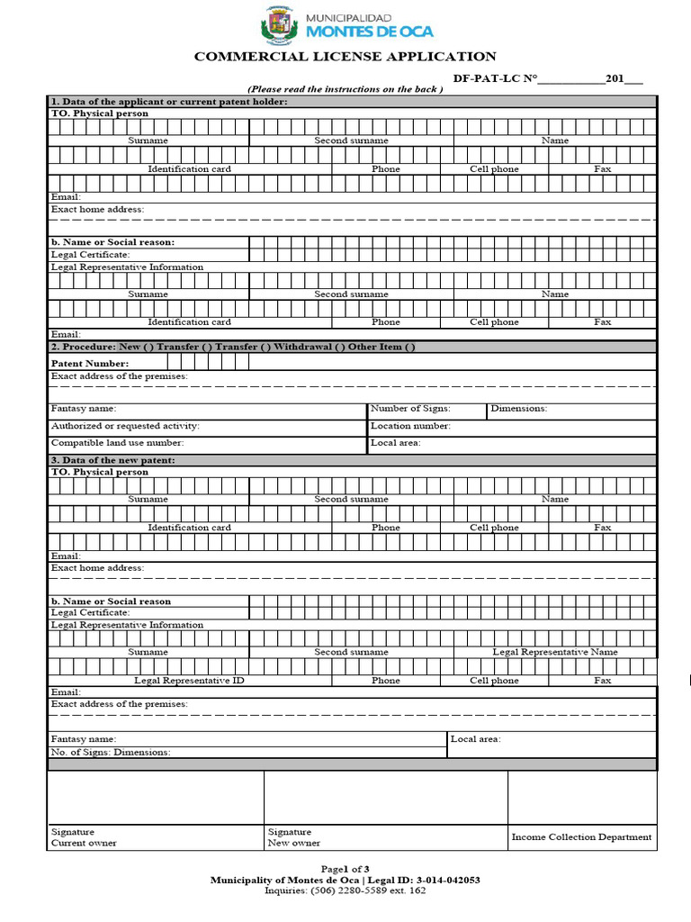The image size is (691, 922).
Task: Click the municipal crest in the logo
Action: (278, 24)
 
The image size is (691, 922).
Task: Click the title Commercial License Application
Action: (345, 57)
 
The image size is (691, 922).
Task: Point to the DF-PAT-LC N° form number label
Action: (495, 79)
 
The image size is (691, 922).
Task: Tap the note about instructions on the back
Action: (345, 89)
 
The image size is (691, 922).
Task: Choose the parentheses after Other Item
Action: (409, 347)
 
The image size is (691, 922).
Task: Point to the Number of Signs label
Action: (410, 409)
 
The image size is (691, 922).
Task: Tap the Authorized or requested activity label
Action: (125, 426)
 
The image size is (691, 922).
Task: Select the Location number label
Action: (410, 426)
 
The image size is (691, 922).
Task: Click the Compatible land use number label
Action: (117, 443)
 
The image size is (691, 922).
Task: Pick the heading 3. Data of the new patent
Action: (112, 460)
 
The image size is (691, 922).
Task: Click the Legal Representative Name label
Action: (554, 652)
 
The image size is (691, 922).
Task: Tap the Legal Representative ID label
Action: (189, 681)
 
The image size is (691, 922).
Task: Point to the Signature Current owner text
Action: (84, 837)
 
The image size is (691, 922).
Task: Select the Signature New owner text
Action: (293, 837)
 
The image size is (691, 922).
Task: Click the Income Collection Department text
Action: (581, 837)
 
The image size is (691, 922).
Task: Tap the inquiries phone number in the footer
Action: (345, 891)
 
